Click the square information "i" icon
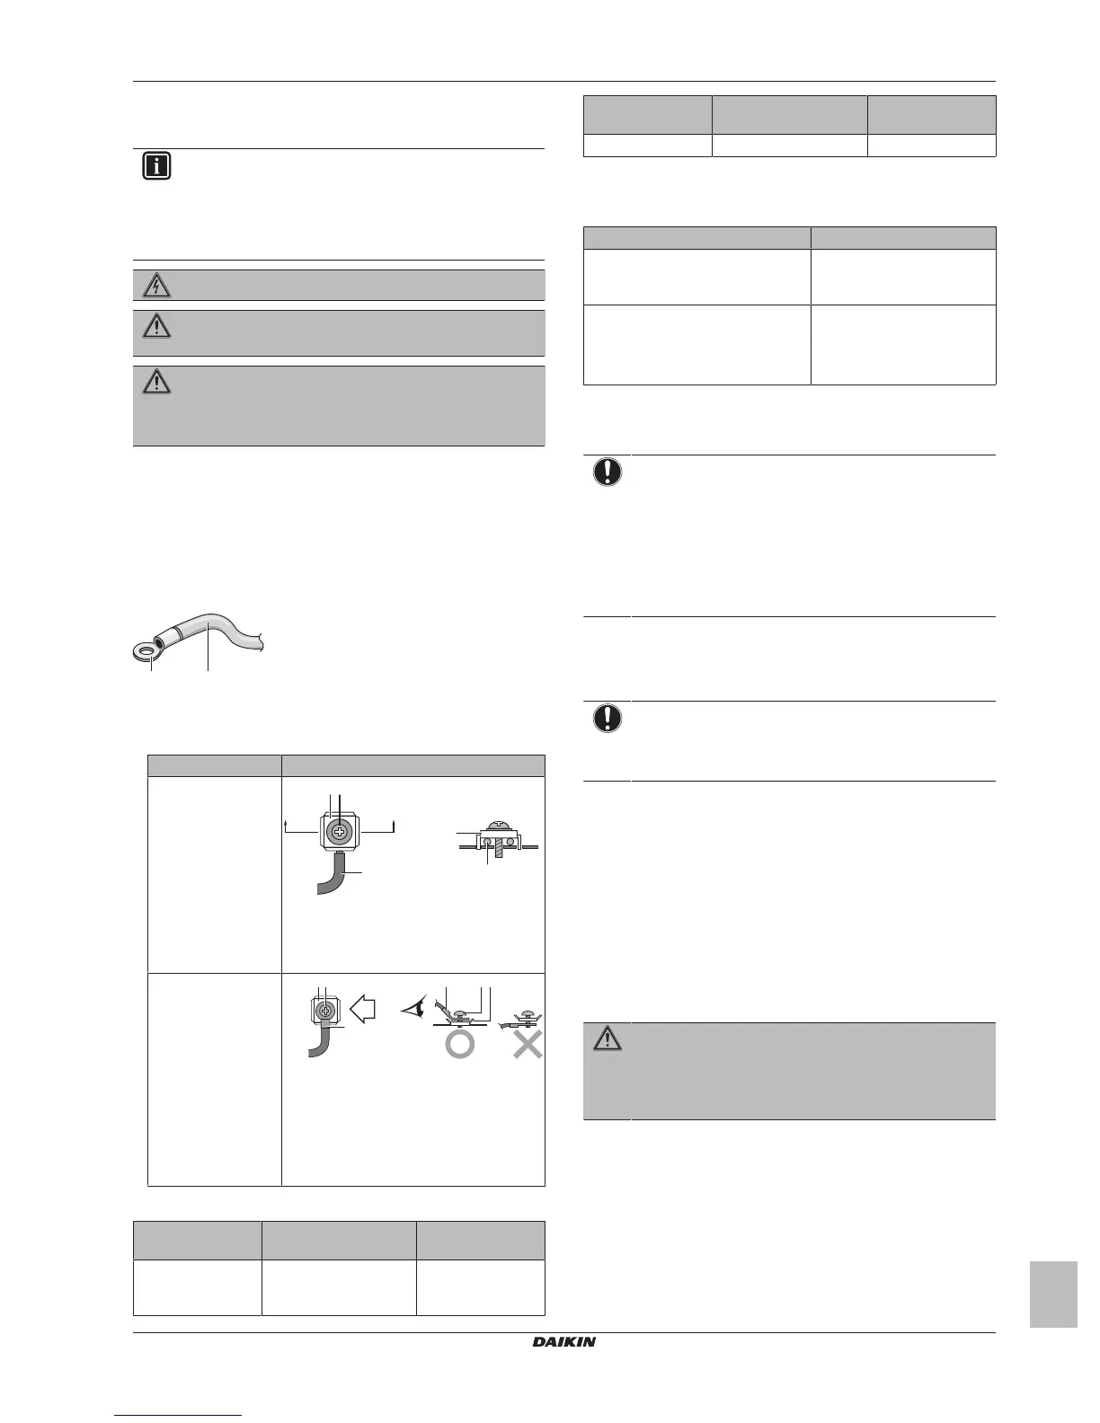click(x=156, y=167)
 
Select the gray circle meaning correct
click(x=459, y=1044)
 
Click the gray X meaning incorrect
click(x=528, y=1044)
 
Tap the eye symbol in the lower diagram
click(x=416, y=1010)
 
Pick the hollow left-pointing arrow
click(x=362, y=1011)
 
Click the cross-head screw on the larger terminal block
click(x=340, y=832)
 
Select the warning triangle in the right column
click(x=607, y=1039)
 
